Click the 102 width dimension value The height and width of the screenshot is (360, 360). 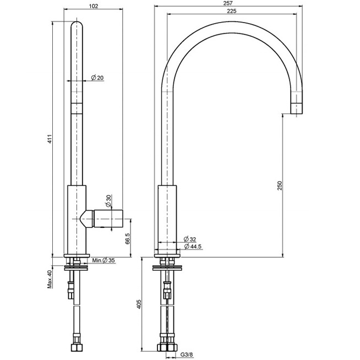click(93, 6)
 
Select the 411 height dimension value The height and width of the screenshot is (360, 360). click(49, 139)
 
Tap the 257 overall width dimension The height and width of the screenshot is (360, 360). click(228, 3)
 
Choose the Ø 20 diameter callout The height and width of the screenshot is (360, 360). click(97, 78)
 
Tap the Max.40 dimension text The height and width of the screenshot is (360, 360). click(49, 279)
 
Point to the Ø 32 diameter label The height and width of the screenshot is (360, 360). click(189, 239)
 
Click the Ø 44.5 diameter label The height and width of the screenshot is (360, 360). click(193, 246)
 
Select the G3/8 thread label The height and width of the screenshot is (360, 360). click(187, 355)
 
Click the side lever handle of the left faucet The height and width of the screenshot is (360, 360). click(108, 219)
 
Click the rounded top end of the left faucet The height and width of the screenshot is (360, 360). click(77, 26)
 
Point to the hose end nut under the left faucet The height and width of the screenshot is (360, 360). click(77, 348)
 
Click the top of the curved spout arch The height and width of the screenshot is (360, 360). click(232, 27)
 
